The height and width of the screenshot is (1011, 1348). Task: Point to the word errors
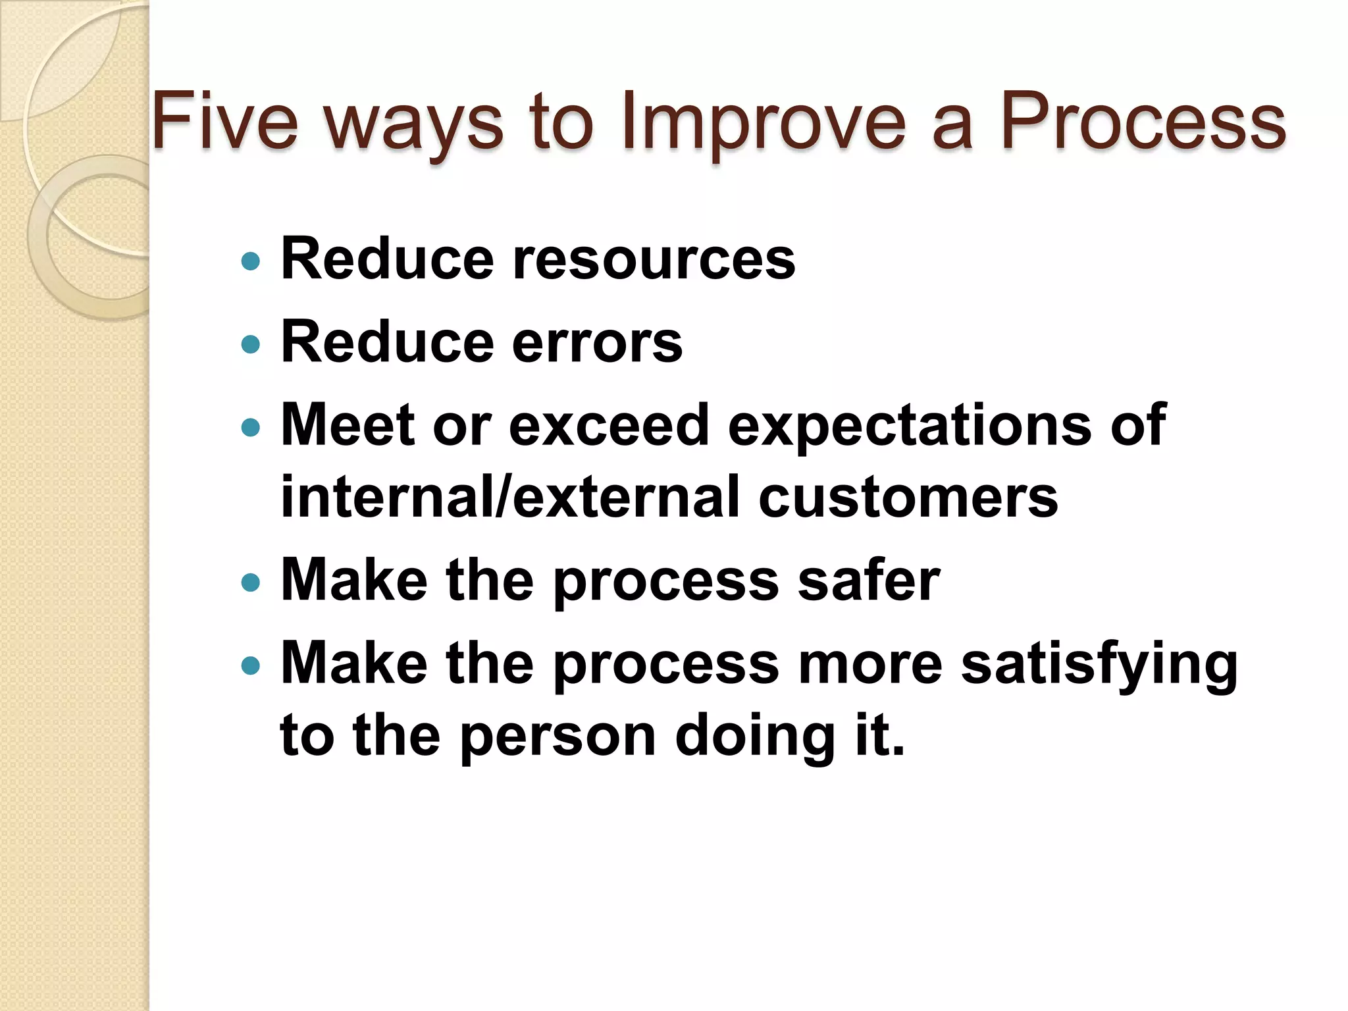[597, 342]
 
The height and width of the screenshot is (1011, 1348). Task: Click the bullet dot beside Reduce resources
[251, 262]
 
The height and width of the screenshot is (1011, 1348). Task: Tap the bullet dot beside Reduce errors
[251, 344]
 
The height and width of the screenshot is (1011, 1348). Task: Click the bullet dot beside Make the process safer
[251, 583]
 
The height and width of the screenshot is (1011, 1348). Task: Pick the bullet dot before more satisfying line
[251, 666]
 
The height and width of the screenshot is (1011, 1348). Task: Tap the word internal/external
[509, 497]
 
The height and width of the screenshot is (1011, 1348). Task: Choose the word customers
[908, 497]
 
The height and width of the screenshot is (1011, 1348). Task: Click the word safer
[868, 581]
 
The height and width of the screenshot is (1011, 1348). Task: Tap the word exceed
[608, 425]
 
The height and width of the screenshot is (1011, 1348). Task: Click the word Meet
[348, 425]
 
